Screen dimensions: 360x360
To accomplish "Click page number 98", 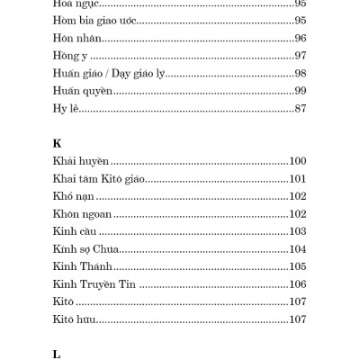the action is [300, 73].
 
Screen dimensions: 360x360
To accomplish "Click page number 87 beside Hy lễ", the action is [300, 108].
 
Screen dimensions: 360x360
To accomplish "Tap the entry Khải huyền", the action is [81, 161].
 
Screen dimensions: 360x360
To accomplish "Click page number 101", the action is [298, 178].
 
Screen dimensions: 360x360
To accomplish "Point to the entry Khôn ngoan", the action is [82, 213].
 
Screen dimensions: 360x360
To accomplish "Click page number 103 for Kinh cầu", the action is [298, 231].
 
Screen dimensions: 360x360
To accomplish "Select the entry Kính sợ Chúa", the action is [86, 248].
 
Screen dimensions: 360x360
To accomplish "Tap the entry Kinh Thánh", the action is [83, 266].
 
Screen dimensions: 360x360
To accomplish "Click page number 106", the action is [298, 283].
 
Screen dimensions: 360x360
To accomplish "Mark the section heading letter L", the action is [57, 354].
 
